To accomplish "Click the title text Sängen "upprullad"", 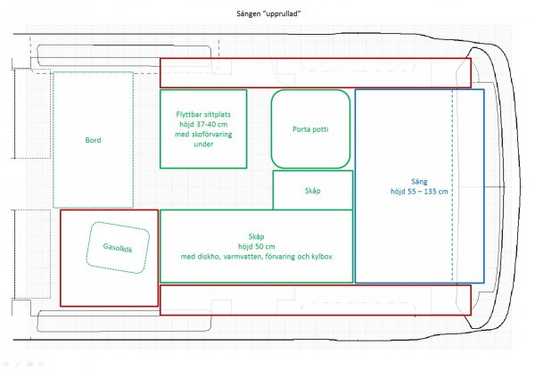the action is click(269, 14).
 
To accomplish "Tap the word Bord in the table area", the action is click(93, 140).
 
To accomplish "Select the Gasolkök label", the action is click(118, 248).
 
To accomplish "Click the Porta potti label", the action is click(310, 129).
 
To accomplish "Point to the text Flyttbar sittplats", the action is click(203, 114).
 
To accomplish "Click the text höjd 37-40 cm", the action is click(203, 124).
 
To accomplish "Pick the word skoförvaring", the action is click(211, 134).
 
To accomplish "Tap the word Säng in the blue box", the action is click(419, 182).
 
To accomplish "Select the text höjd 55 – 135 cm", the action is click(419, 192).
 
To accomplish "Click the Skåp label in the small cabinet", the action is click(313, 191).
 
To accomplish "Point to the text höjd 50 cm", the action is click(256, 246).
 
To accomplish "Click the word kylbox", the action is click(320, 257).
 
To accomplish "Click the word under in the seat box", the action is click(203, 144).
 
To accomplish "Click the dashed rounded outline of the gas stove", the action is click(87, 248).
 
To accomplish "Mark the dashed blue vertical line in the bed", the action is click(453, 186).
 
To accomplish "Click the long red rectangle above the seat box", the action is click(316, 59).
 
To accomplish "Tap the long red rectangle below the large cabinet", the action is click(316, 315).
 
